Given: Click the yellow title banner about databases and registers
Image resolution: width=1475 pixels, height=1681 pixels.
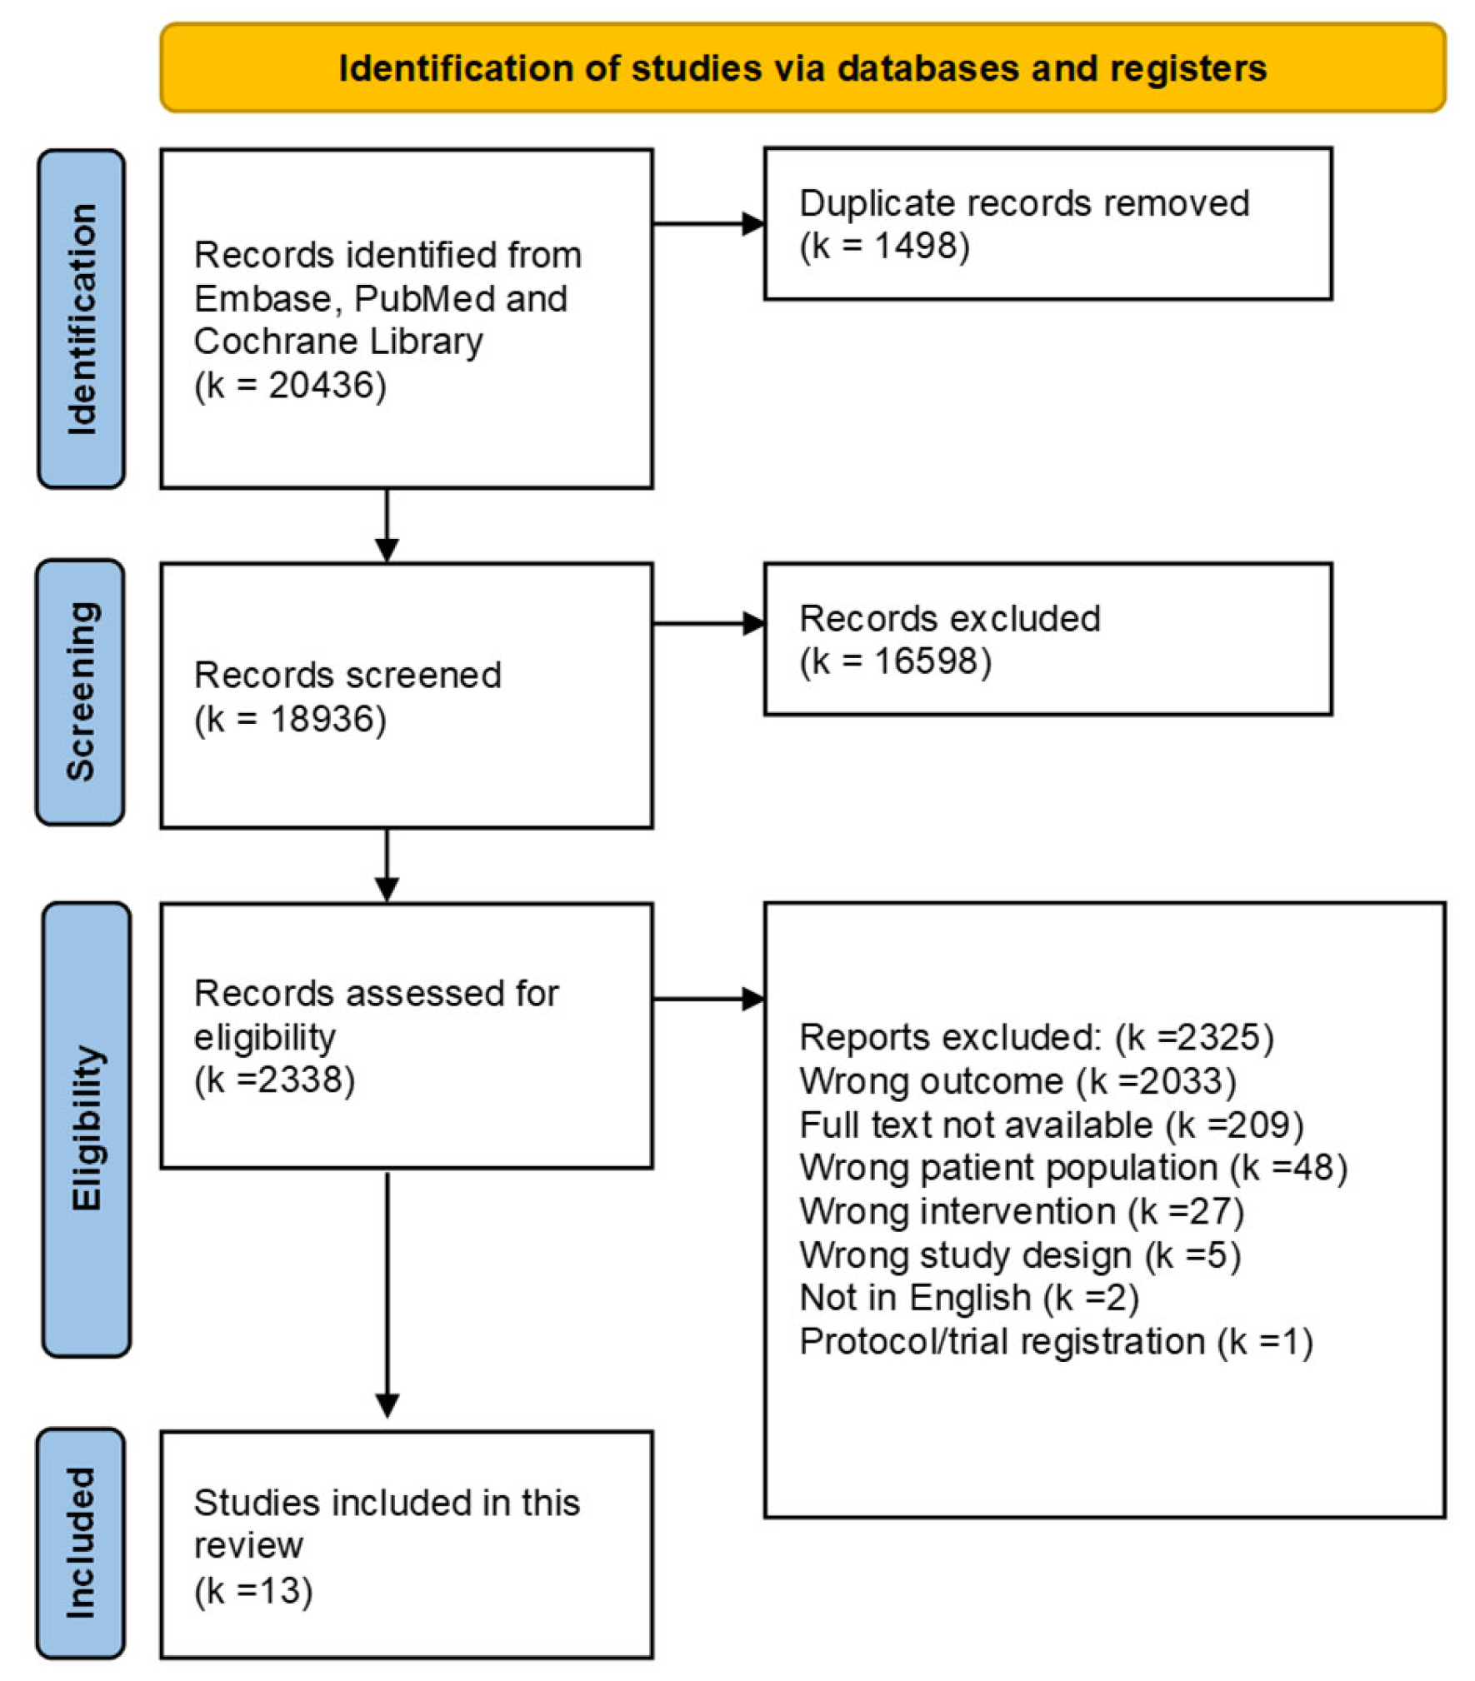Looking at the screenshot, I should pos(802,67).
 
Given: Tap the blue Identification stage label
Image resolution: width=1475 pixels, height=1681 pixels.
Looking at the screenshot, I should pos(82,318).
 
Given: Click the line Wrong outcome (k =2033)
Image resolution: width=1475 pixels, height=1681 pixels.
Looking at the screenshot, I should pos(1016,1081).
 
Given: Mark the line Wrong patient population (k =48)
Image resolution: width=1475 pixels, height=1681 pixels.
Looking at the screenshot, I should pos(1072,1167).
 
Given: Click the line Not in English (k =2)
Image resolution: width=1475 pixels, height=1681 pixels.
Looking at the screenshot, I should pos(967,1297).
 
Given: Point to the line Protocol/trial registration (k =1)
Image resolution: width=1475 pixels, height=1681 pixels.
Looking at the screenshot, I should pos(1055,1341).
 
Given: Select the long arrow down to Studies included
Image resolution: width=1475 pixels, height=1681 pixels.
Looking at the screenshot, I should pos(387,1291).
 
